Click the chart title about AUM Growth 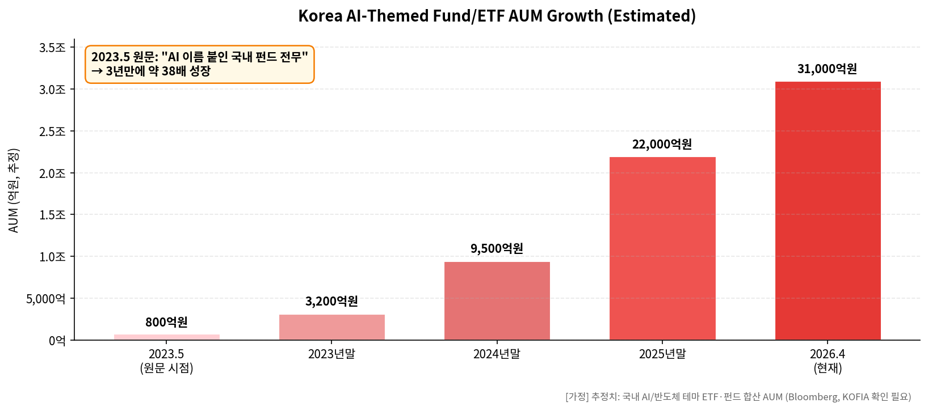point(497,16)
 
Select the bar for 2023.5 point(166,337)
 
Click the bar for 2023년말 point(331,328)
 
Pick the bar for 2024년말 point(497,301)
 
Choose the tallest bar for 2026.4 point(828,211)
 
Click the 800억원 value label point(166,322)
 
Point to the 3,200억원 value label point(331,301)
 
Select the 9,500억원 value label point(497,248)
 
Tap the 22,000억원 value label point(662,144)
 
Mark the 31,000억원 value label point(827,69)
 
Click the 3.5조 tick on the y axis point(52,48)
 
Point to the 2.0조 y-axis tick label point(52,173)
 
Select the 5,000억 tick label point(45,299)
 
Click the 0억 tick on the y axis point(57,341)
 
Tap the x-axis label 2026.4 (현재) point(828,361)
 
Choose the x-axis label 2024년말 point(497,354)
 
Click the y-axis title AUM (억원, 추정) point(14,190)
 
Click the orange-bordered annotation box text point(199,64)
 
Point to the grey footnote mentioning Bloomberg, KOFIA point(738,397)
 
